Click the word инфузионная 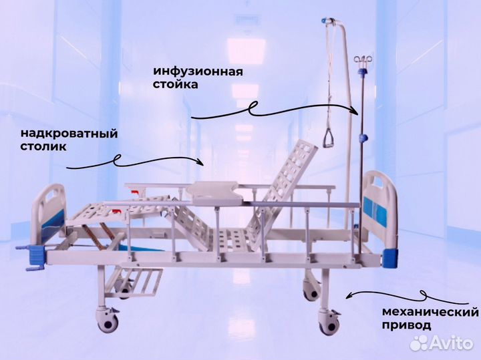198,71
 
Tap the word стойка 175,84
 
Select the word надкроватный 69,134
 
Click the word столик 43,146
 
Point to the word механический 430,313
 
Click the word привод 406,325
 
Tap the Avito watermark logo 442,343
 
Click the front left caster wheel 108,321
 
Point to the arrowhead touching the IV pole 356,112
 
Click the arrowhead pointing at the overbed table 201,161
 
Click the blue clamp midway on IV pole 363,138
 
